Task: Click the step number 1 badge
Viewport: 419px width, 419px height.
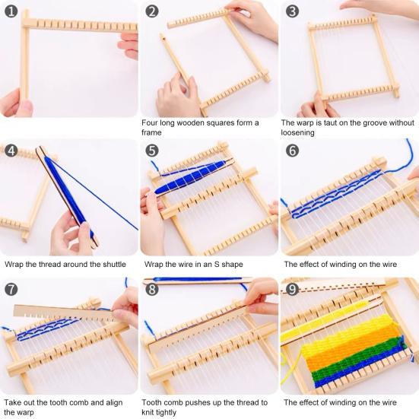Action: (x=11, y=11)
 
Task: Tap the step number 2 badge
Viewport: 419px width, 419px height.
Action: (x=152, y=11)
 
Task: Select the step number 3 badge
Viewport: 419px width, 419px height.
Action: (x=292, y=11)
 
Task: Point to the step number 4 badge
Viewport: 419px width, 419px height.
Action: (x=11, y=151)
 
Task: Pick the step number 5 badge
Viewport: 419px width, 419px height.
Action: (x=152, y=151)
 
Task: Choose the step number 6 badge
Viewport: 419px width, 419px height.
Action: (x=292, y=151)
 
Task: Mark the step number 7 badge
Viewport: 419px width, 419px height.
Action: (x=11, y=290)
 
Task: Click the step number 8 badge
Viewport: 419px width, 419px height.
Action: (x=152, y=290)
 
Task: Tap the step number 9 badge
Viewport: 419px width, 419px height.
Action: (x=292, y=290)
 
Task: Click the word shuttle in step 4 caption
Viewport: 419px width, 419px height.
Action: (x=113, y=265)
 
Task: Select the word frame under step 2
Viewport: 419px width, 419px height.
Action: (x=151, y=132)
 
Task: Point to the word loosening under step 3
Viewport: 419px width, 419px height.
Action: (x=297, y=132)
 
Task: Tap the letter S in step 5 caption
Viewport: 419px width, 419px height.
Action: (x=217, y=265)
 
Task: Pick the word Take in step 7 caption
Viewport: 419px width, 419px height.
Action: (x=13, y=402)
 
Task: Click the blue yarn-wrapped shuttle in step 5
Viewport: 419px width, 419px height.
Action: (x=191, y=176)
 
